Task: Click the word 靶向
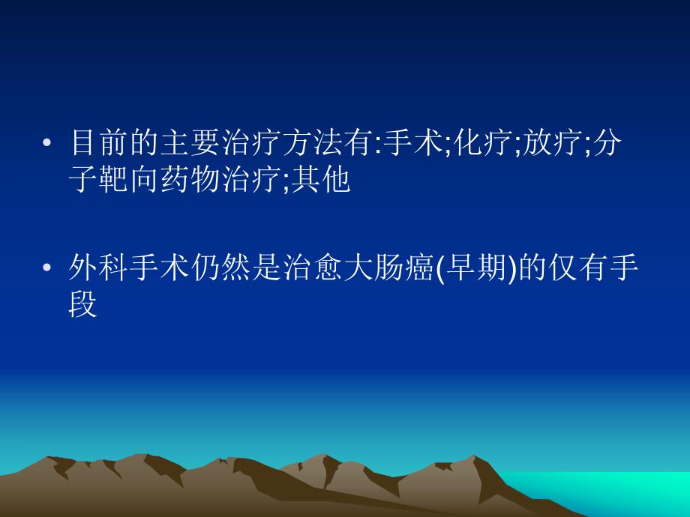coord(127,181)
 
